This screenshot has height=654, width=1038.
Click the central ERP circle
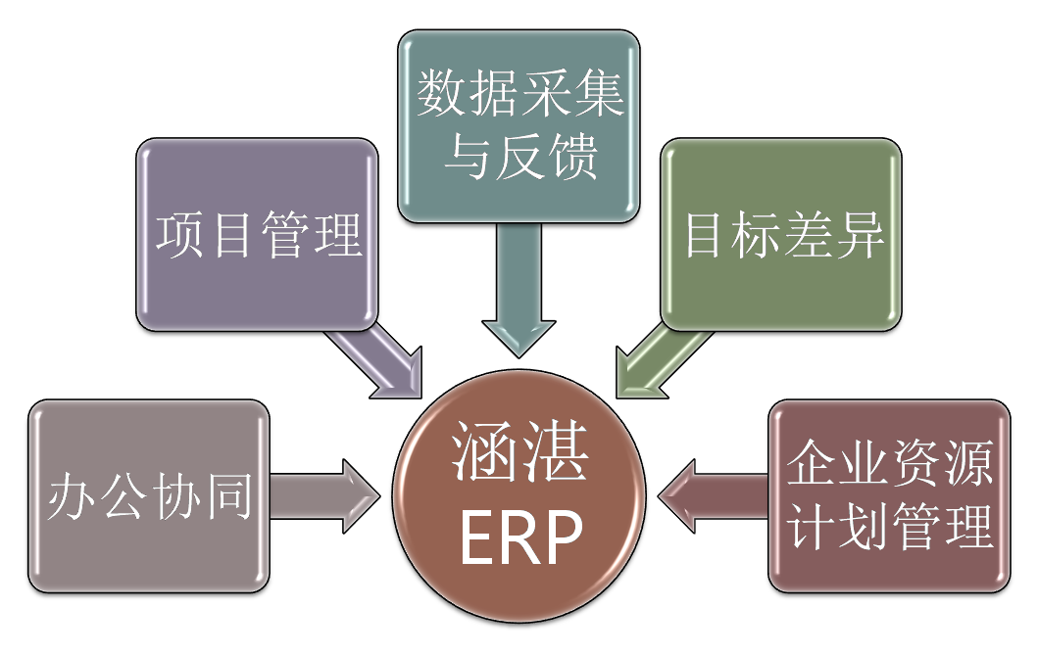[x=519, y=499]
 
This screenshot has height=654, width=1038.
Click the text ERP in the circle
[x=520, y=537]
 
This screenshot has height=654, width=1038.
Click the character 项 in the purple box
[x=181, y=235]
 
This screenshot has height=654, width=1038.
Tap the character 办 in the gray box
[x=72, y=497]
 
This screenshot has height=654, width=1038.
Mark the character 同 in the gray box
[x=228, y=497]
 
